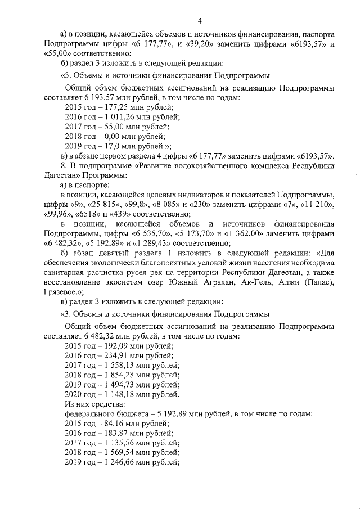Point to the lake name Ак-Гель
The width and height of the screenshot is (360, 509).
(x=248, y=282)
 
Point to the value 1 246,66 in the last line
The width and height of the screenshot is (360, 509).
(x=122, y=461)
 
